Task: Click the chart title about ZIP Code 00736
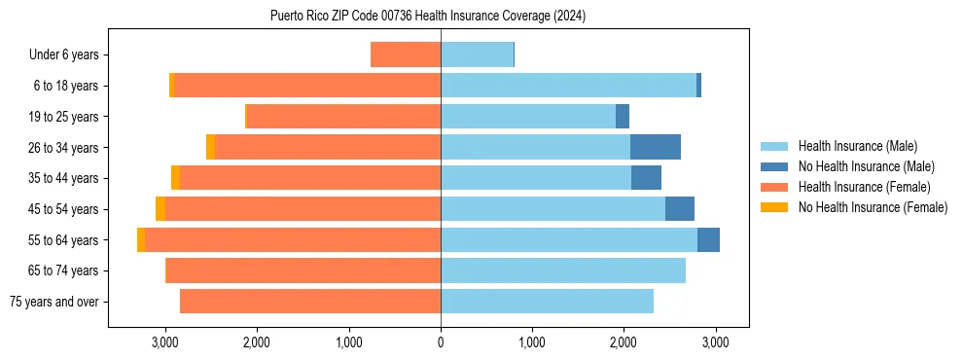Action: point(428,16)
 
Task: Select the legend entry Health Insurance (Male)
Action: point(857,146)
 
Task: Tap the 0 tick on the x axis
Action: point(441,342)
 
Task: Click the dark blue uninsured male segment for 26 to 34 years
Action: point(656,147)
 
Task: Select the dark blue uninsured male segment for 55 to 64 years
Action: point(708,239)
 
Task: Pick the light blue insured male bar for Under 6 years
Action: point(477,54)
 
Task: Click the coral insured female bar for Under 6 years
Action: point(406,54)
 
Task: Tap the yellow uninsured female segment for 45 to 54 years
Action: point(160,209)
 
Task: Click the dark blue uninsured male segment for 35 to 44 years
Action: point(646,178)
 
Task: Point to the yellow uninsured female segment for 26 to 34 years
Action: point(210,147)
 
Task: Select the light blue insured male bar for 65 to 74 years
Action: point(563,270)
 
